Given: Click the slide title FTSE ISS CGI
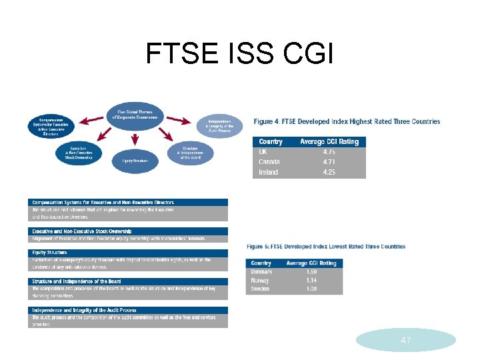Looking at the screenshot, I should pos(239,53).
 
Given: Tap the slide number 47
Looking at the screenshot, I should pos(406,341).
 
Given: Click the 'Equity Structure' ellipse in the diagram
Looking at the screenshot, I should pos(135,161).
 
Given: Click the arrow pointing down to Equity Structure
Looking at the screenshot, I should pos(135,139).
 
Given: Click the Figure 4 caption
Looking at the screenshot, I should pos(347,121).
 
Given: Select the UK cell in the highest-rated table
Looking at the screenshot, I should pos(264,152).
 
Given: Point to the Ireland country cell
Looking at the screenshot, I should pos(268,172).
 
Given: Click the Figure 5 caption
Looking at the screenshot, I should pos(326,247).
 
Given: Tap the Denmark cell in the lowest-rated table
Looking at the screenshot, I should pos(261,272).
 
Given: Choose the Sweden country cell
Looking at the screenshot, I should pos(260,289).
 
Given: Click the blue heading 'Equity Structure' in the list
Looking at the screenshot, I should pos(50,253).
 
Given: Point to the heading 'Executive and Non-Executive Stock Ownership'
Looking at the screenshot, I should pos(81,231).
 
